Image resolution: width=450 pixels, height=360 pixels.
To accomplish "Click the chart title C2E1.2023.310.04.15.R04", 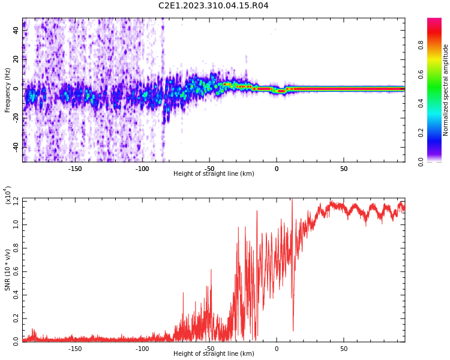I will [x=213, y=6].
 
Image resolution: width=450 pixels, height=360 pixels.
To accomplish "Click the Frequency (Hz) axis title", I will [x=8, y=90].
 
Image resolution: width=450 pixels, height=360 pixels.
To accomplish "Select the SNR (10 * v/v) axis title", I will [x=8, y=270].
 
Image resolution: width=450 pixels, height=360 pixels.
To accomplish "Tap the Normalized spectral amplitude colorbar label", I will [x=446, y=90].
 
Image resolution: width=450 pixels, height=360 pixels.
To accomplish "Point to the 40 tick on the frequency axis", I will [x=16, y=31].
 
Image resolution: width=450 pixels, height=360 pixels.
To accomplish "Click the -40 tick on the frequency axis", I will [x=16, y=146].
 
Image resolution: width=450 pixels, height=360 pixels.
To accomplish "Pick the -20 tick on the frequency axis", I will [x=16, y=117].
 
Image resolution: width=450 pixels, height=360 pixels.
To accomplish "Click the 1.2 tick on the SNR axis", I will [x=16, y=200].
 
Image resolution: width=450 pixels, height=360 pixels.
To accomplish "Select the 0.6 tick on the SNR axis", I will [x=16, y=271].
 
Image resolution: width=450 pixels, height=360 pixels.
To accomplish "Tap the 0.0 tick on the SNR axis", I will [x=16, y=341].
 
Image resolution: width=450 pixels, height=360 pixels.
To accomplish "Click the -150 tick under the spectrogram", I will [x=75, y=169].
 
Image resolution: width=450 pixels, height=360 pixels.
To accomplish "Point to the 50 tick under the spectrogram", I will [x=344, y=169].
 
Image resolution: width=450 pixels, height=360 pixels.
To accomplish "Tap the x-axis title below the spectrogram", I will [x=214, y=174].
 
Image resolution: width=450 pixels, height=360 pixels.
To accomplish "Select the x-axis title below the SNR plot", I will [x=214, y=354].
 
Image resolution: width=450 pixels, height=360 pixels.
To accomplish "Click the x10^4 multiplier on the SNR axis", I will [x=8, y=196].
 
